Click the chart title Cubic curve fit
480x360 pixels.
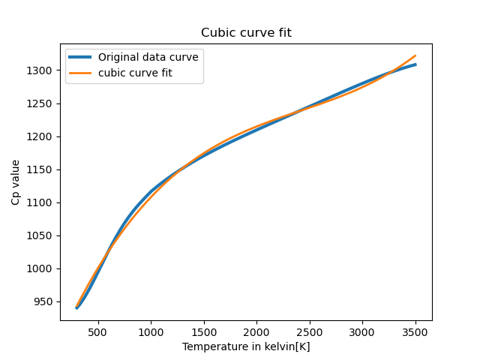pyautogui.click(x=245, y=33)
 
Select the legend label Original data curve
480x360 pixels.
pyautogui.click(x=148, y=57)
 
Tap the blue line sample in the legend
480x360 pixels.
pyautogui.click(x=81, y=57)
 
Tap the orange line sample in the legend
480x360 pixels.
pyautogui.click(x=81, y=72)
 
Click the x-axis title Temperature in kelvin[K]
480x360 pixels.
pyautogui.click(x=245, y=346)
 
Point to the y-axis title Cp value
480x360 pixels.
pyautogui.click(x=16, y=182)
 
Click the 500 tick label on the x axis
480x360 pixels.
pyautogui.click(x=98, y=331)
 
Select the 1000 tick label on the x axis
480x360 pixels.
pyautogui.click(x=151, y=331)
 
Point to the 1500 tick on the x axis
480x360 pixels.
pyautogui.click(x=204, y=331)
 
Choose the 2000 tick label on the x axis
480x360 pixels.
pyautogui.click(x=256, y=331)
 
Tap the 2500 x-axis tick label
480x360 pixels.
pyautogui.click(x=310, y=331)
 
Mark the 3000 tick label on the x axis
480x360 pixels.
pyautogui.click(x=362, y=331)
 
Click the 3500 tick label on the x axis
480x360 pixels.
pyautogui.click(x=415, y=331)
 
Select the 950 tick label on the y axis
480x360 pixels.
pyautogui.click(x=45, y=301)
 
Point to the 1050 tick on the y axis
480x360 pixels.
pyautogui.click(x=42, y=235)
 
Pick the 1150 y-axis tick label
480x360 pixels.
pyautogui.click(x=42, y=169)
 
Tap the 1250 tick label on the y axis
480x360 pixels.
pyautogui.click(x=42, y=103)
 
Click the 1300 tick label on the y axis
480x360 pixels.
pyautogui.click(x=42, y=70)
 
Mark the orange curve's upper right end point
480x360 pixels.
pyautogui.click(x=415, y=55)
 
